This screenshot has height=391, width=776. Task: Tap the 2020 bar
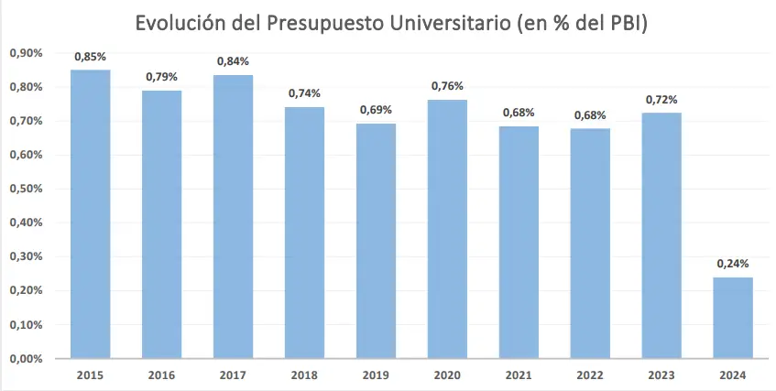click(447, 229)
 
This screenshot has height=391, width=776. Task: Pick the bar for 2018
click(304, 233)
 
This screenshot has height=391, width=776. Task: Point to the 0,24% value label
click(733, 265)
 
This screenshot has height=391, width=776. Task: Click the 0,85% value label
click(90, 57)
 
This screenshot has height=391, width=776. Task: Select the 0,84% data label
click(233, 61)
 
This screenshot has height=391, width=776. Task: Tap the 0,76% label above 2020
click(447, 86)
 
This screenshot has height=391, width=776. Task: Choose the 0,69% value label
click(376, 110)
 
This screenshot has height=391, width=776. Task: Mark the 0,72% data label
click(661, 99)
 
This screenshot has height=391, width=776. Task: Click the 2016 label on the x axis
click(161, 375)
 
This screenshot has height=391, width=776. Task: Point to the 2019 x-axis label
click(376, 375)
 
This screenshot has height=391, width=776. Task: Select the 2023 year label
click(661, 375)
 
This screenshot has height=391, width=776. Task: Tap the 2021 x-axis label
click(519, 375)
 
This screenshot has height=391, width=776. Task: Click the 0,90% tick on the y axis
click(25, 53)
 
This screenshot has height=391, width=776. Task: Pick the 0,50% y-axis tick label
click(25, 189)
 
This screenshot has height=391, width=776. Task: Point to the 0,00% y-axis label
click(25, 358)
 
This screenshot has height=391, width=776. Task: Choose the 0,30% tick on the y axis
click(25, 256)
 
